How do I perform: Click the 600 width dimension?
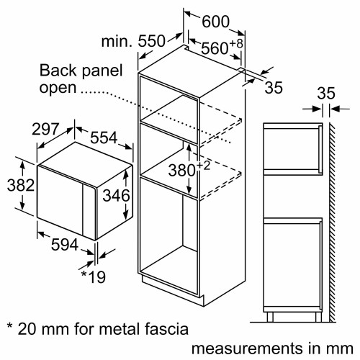click(215, 22)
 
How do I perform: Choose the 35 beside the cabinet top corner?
click(273, 89)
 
